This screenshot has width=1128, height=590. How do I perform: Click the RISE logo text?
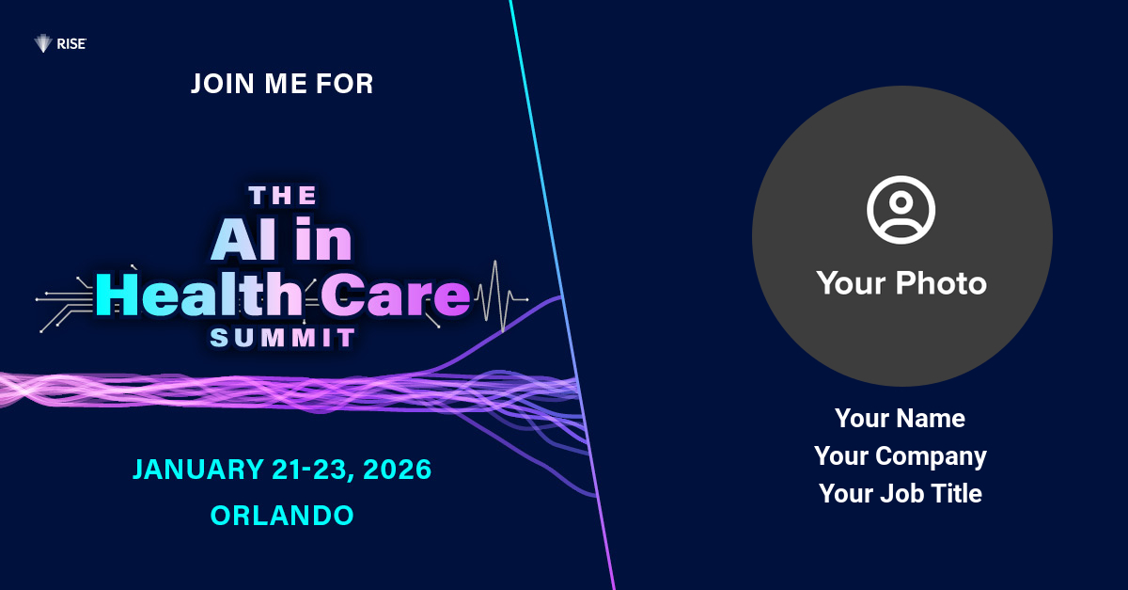(71, 44)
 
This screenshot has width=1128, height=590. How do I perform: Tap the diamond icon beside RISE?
(43, 43)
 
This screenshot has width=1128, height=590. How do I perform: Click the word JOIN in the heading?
(222, 84)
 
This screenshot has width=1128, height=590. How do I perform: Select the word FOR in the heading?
(344, 84)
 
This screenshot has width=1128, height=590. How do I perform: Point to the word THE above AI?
(283, 196)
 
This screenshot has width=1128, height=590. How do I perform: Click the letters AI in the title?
(244, 240)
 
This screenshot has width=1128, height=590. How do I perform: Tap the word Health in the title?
(199, 295)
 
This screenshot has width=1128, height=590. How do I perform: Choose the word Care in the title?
(396, 295)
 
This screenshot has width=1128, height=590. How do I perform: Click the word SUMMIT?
(283, 338)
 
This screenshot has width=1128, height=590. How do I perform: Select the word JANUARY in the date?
(198, 470)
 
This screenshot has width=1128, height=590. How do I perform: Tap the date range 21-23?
(313, 470)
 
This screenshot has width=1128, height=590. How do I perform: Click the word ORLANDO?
(282, 516)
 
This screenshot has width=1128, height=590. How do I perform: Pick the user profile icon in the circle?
(901, 210)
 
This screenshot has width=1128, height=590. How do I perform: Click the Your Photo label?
(901, 283)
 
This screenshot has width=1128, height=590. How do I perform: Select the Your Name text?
(900, 419)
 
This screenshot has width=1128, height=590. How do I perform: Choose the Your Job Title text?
(901, 493)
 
